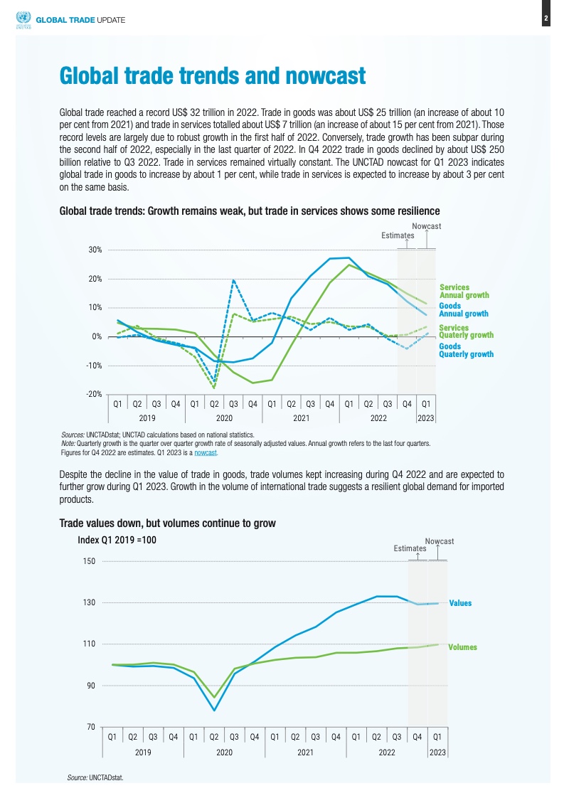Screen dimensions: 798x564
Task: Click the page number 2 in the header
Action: click(546, 19)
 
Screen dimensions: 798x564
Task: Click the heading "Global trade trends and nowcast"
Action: click(212, 75)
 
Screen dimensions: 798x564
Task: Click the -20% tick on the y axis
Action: click(94, 394)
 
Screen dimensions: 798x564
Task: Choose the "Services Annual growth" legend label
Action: click(464, 291)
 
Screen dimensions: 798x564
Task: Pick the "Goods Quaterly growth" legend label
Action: click(466, 350)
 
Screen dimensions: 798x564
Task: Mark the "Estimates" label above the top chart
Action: click(398, 235)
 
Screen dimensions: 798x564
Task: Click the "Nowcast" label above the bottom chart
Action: click(439, 541)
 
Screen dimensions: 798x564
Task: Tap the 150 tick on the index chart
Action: click(89, 561)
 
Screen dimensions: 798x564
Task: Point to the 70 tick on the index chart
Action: click(91, 727)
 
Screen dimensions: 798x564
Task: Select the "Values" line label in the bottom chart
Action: click(459, 603)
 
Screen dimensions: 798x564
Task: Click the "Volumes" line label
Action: click(462, 647)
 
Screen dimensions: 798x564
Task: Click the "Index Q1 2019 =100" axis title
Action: click(117, 540)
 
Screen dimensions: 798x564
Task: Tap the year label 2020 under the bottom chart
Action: click(224, 751)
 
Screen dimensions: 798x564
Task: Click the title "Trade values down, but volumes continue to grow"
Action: click(167, 523)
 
